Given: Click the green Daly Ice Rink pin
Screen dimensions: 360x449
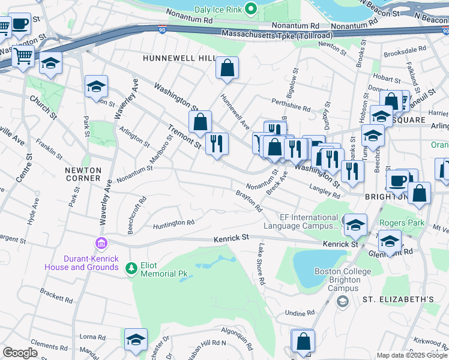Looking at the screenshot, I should pyautogui.click(x=252, y=8).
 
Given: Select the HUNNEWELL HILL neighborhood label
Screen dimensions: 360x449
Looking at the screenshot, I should pyautogui.click(x=178, y=58).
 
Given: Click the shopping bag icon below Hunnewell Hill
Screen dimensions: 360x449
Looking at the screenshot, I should pyautogui.click(x=228, y=69).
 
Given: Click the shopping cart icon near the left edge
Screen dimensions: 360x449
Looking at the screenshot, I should pyautogui.click(x=23, y=56).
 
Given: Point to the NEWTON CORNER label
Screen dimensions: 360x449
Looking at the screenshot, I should pyautogui.click(x=83, y=174).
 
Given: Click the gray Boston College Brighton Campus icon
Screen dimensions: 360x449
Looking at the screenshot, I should pyautogui.click(x=343, y=301).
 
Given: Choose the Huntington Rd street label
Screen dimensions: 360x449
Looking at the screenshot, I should pyautogui.click(x=173, y=223).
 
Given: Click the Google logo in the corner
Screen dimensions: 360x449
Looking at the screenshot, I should pyautogui.click(x=20, y=352).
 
